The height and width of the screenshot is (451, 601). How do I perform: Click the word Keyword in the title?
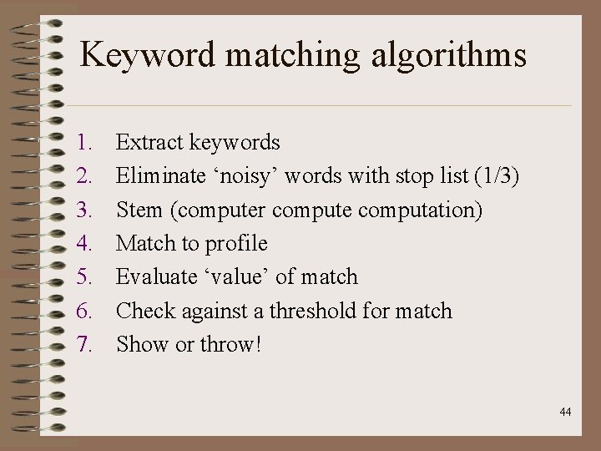(147, 56)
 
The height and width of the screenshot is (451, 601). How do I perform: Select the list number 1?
(83, 143)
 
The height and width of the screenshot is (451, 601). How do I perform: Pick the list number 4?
(83, 244)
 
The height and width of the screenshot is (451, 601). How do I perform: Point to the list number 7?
(83, 344)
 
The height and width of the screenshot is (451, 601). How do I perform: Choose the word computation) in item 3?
(421, 210)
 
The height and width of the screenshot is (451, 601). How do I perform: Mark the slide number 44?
(565, 412)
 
